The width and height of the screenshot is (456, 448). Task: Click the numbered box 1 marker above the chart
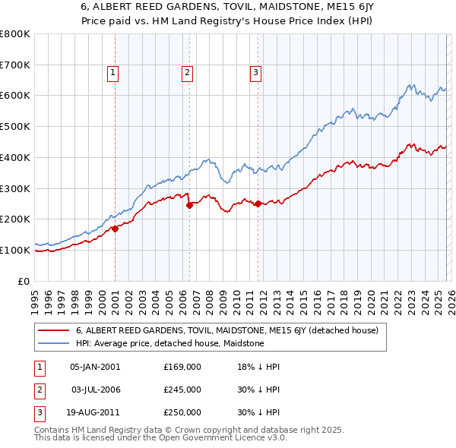pos(112,73)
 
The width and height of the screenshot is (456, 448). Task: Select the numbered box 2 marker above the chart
pos(186,73)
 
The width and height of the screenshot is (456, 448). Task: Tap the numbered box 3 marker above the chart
pos(255,73)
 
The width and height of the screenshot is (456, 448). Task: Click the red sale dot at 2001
pos(115,228)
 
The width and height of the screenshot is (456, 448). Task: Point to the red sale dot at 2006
pos(188,204)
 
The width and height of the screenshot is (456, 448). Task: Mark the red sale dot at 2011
pos(258,203)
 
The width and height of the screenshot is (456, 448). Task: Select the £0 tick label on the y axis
pos(23,281)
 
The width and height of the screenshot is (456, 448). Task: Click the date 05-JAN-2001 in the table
pos(95,367)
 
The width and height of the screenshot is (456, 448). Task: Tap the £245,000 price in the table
pos(182,390)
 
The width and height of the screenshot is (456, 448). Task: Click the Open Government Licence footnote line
pos(160,438)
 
